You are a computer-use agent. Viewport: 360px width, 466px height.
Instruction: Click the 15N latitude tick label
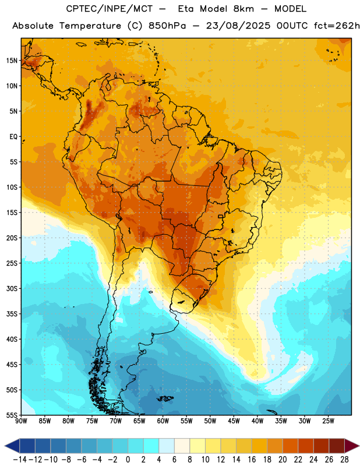[12, 61]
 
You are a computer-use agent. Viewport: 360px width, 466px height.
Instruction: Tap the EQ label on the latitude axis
[13, 137]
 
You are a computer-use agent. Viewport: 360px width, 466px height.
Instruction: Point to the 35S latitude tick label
[12, 314]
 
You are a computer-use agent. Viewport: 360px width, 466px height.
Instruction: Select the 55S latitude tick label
[12, 415]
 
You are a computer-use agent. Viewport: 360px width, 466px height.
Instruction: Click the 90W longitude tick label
[21, 421]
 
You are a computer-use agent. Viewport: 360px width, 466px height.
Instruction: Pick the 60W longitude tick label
[163, 421]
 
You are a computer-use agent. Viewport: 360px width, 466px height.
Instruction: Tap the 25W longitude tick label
[328, 421]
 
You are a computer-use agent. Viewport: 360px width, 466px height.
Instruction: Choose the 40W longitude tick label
[257, 421]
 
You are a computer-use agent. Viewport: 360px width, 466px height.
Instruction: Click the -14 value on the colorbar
[20, 460]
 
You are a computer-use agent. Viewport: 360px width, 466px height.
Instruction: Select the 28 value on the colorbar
[344, 460]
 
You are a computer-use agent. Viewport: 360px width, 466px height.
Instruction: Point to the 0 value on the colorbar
[128, 460]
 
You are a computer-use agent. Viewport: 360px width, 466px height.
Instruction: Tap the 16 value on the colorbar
[252, 460]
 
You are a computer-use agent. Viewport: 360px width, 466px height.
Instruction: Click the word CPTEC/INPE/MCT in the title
[110, 9]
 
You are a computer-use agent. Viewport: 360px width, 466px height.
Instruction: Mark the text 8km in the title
[243, 9]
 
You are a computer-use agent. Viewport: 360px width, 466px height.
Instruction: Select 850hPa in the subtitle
[167, 26]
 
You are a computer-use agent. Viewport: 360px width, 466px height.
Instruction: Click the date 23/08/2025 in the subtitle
[238, 26]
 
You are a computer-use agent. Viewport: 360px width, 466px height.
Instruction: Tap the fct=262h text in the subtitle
[337, 26]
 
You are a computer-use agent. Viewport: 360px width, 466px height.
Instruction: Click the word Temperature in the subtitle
[90, 26]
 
